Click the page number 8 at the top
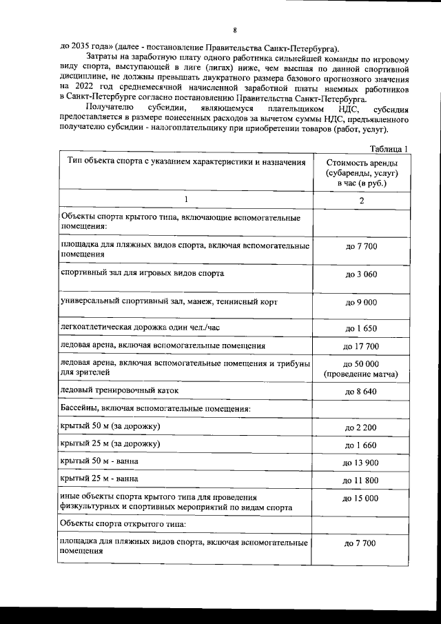click(x=235, y=30)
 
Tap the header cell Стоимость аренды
click(x=361, y=172)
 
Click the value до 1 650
click(x=361, y=328)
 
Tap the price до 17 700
click(x=361, y=346)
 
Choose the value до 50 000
click(x=361, y=363)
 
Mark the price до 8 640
click(x=361, y=392)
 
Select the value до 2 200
click(x=361, y=428)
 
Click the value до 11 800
click(x=361, y=480)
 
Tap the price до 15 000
click(x=361, y=498)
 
